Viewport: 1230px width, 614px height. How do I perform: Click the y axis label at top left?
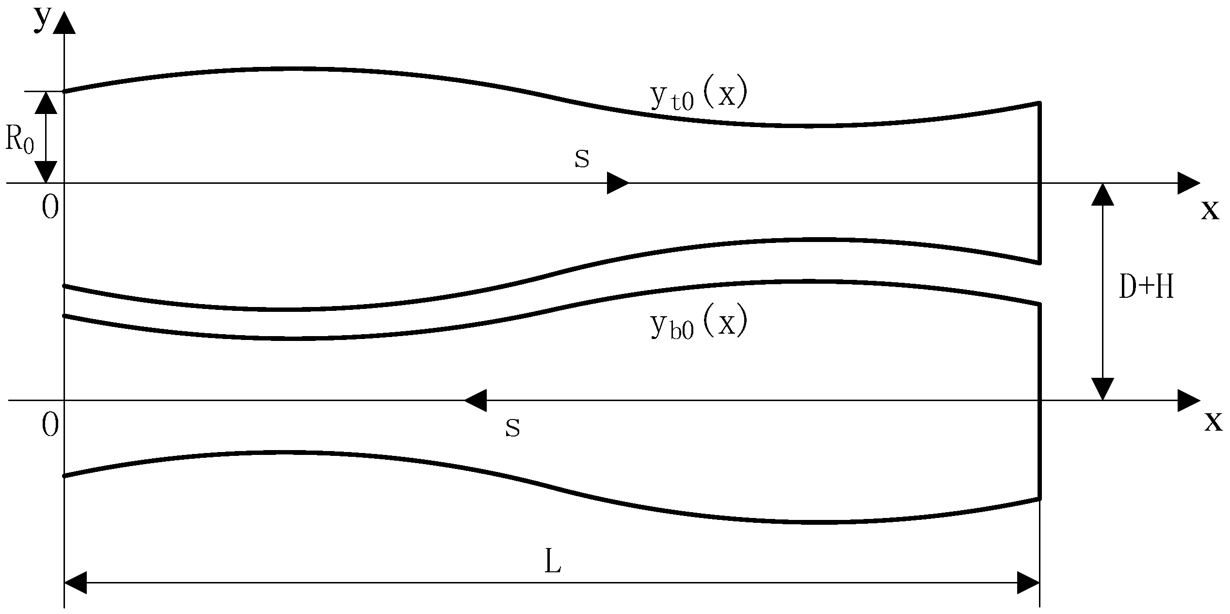click(x=42, y=19)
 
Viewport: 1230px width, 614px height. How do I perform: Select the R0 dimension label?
click(x=19, y=139)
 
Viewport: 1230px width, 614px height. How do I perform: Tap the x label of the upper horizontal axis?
click(x=1210, y=210)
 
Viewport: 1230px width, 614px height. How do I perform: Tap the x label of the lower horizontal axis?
click(x=1214, y=421)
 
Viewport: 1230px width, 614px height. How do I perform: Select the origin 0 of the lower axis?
click(x=50, y=425)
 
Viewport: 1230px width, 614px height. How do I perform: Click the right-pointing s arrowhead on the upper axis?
click(x=618, y=183)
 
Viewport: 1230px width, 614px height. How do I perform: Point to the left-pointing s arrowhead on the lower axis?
click(x=476, y=401)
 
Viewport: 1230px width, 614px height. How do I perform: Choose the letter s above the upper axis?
click(x=582, y=159)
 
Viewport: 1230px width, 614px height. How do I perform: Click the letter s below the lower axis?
click(x=512, y=428)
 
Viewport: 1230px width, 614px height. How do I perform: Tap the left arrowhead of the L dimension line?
click(x=76, y=582)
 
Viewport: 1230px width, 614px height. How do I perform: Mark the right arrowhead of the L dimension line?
click(x=1028, y=582)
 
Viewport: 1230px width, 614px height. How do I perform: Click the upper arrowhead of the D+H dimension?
click(x=1103, y=195)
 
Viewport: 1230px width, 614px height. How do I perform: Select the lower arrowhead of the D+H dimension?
click(x=1103, y=389)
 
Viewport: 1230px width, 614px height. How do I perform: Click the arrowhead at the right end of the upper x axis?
click(x=1189, y=183)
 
